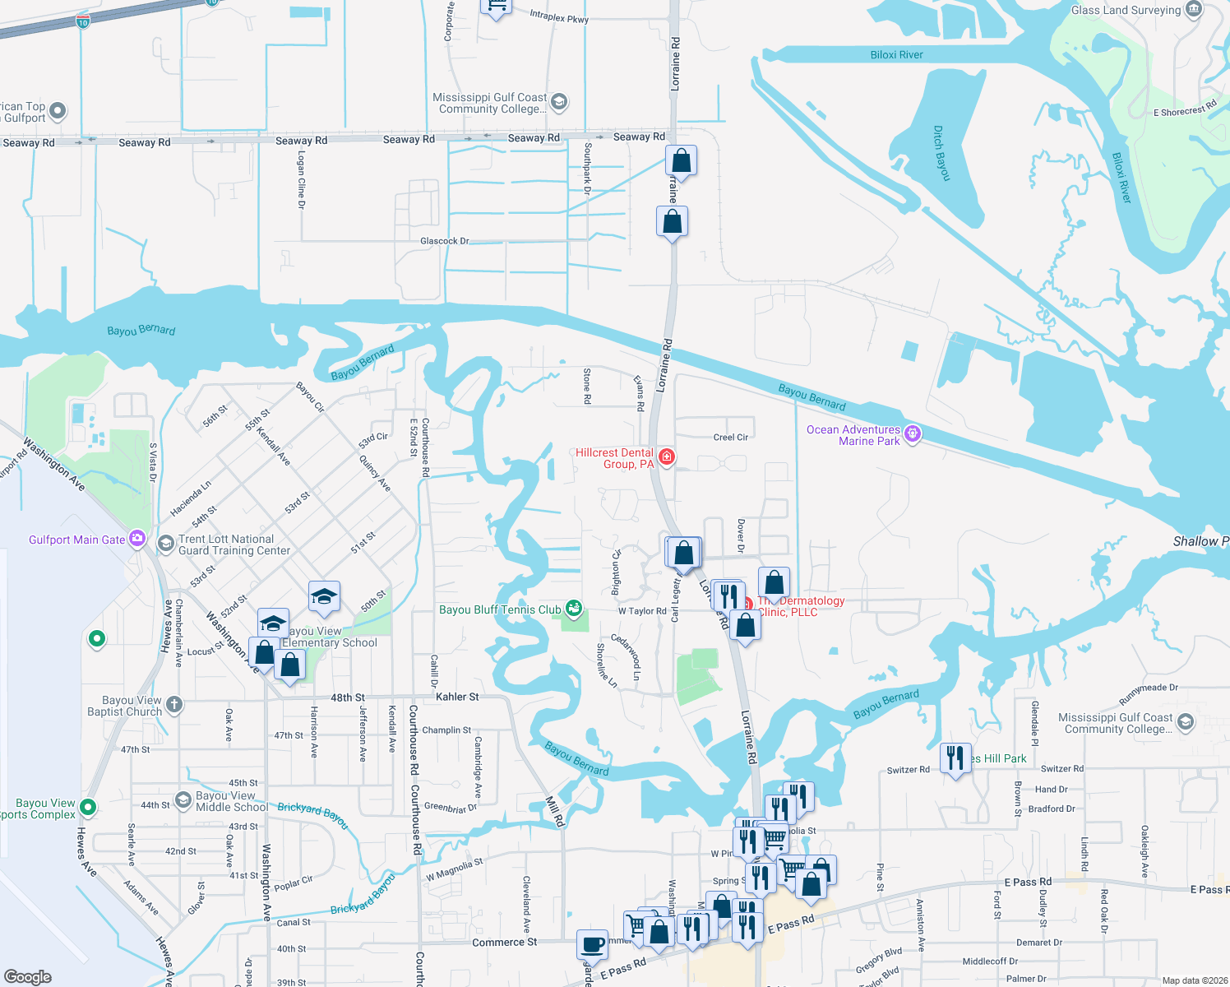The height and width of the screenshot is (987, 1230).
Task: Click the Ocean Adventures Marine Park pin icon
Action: click(x=912, y=433)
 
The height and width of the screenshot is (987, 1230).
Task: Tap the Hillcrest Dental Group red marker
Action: click(x=667, y=456)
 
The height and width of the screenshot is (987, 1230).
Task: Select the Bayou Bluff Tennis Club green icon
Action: click(x=574, y=609)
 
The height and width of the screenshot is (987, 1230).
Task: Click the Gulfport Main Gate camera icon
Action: click(x=137, y=539)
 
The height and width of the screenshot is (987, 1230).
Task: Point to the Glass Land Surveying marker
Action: click(x=1194, y=10)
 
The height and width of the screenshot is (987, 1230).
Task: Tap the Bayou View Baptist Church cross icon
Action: click(x=174, y=704)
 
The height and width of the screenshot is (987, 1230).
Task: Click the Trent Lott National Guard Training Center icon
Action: click(x=165, y=544)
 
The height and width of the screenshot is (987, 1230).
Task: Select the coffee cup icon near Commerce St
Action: click(x=592, y=943)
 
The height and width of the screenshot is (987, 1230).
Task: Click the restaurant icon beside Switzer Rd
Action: click(x=955, y=756)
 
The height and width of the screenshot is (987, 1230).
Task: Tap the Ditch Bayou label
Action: click(x=942, y=153)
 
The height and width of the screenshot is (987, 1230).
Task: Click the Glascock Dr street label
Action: click(x=444, y=241)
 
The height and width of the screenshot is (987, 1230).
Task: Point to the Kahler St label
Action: click(x=457, y=697)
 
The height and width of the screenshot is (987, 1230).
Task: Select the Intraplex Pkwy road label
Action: click(x=559, y=16)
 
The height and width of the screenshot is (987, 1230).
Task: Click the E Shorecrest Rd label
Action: click(x=1184, y=109)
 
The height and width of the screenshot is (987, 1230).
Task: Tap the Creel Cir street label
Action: click(x=731, y=437)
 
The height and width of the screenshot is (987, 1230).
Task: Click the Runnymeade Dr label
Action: click(x=1148, y=693)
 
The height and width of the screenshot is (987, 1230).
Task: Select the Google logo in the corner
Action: click(x=27, y=976)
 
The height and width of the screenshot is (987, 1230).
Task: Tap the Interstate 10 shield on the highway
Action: click(x=82, y=22)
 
